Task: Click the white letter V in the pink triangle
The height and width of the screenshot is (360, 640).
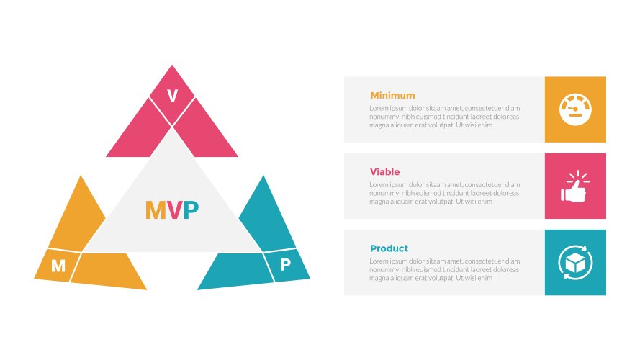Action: tap(172, 96)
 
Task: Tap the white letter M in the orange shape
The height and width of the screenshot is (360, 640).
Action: tap(58, 266)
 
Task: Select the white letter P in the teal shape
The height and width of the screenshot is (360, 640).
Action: tap(285, 264)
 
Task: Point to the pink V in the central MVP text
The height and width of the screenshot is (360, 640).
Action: tap(173, 210)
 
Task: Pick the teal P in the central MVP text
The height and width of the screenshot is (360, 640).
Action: tap(191, 210)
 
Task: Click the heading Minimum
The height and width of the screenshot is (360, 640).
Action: tap(392, 95)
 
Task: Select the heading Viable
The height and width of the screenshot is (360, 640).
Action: tap(384, 172)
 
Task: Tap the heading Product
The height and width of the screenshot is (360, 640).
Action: tap(389, 248)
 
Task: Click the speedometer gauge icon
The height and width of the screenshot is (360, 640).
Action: tap(575, 109)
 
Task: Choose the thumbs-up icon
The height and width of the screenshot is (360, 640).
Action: tap(575, 186)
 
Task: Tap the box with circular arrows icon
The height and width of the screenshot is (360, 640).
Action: tap(575, 262)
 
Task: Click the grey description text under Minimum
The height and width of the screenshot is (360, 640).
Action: tap(444, 117)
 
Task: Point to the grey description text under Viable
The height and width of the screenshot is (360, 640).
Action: tap(444, 193)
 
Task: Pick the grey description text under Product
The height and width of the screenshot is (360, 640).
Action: tap(444, 269)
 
